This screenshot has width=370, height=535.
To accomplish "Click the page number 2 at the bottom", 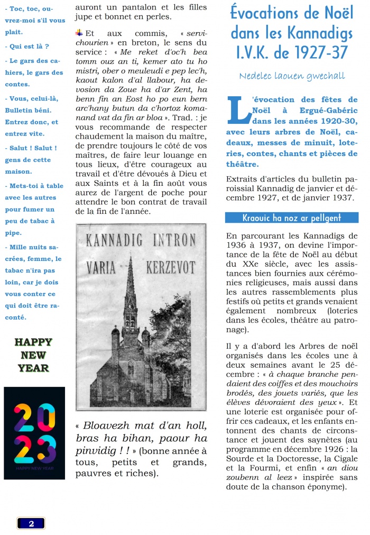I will [x=31, y=523].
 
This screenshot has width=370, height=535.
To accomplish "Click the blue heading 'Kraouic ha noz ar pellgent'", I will [x=291, y=217].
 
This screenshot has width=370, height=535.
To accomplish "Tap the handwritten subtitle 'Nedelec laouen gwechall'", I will [x=292, y=76].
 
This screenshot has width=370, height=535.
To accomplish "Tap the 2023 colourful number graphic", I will [x=34, y=433].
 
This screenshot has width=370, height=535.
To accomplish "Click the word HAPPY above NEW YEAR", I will [x=33, y=342].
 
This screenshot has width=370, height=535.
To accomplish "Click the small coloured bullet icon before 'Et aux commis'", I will [x=79, y=33].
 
